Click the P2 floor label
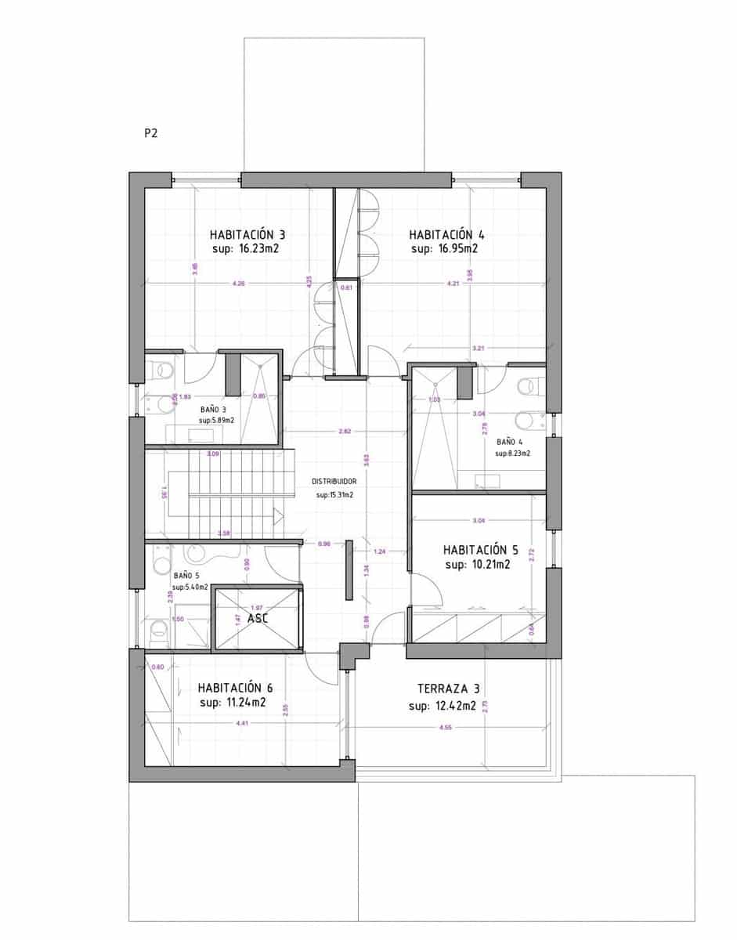point(150,133)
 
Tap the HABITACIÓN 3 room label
point(247,234)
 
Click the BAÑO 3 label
point(213,409)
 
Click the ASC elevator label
point(258,618)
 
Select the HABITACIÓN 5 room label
point(480,549)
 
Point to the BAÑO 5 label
point(186,574)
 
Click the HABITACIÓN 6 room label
point(235,688)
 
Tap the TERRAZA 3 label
point(448,690)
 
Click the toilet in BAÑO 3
point(161,368)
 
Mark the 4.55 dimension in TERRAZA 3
point(446,728)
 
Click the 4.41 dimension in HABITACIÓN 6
point(242,723)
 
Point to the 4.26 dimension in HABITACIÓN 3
point(239,283)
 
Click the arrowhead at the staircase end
point(278,515)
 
